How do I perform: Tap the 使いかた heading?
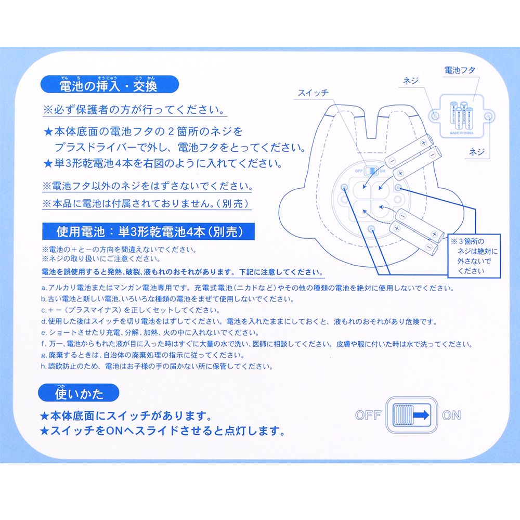79,394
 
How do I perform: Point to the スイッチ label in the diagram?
313,93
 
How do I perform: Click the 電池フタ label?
460,70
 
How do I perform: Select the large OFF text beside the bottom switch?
368,415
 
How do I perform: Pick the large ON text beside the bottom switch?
451,415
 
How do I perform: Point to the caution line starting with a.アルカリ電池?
242,288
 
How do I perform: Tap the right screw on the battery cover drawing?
488,116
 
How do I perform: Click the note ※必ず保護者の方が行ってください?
134,111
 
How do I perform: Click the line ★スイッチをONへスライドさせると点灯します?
162,431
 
